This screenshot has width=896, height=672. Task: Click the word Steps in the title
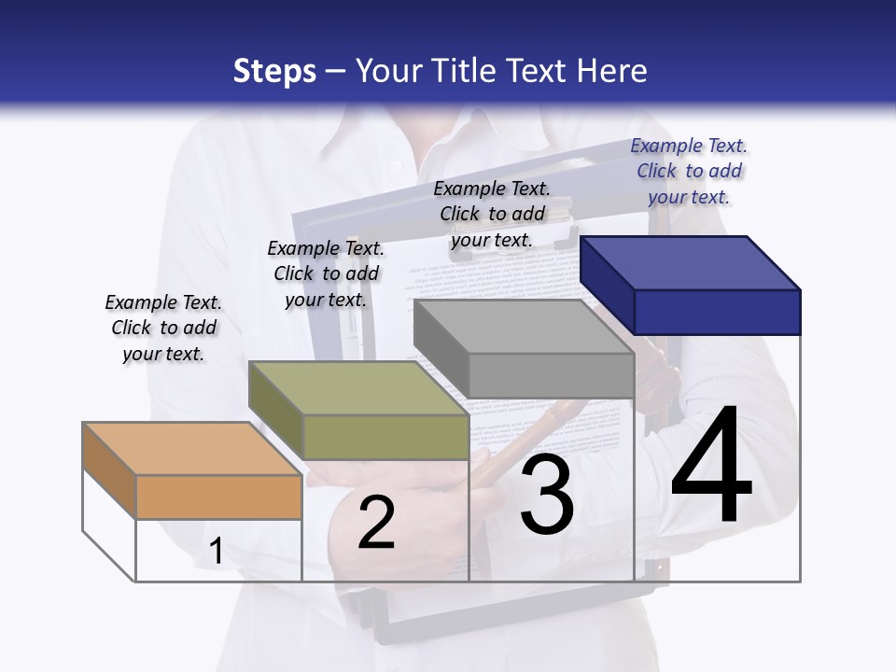pos(274,71)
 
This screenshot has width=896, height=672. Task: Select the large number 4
pos(711,467)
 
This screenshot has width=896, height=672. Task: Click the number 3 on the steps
pos(547,496)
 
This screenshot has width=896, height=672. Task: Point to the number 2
pos(376,523)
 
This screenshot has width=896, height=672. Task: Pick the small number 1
pos(217,552)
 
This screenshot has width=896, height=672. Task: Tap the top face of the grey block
pos(524,327)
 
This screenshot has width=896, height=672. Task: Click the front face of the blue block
pos(717,312)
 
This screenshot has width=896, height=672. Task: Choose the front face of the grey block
pos(551,375)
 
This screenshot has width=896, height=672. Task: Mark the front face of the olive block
pos(385,437)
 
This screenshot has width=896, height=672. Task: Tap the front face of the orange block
pos(218,497)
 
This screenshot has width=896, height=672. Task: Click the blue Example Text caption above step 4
pos(689,171)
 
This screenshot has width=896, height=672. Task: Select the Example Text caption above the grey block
pos(492,214)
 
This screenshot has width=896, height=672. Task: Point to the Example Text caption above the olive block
pos(326,273)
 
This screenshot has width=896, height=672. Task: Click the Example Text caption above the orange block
pos(163,328)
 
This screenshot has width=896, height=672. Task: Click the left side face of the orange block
pos(109,470)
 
